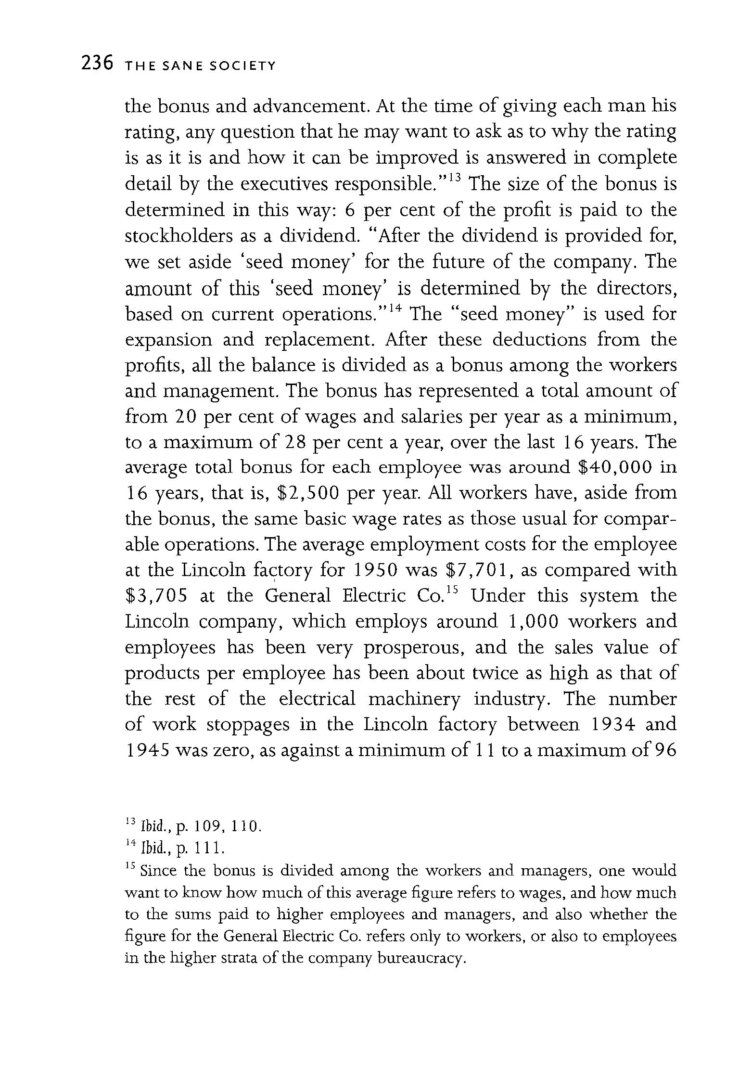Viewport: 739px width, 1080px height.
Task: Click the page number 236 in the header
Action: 97,64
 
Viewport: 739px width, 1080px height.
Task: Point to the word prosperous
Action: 413,648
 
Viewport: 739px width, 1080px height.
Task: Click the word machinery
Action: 414,699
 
